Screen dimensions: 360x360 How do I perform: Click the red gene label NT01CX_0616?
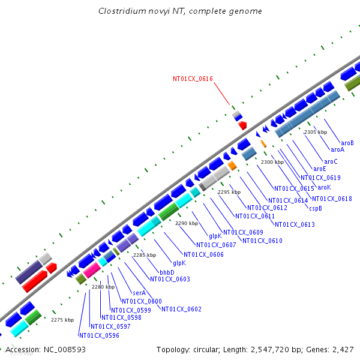(x=193, y=79)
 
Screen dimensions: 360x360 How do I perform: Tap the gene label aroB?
(x=347, y=143)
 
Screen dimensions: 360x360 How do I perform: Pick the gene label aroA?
(x=337, y=149)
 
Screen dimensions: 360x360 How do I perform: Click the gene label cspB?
(x=316, y=208)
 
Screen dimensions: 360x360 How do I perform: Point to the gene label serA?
(x=139, y=293)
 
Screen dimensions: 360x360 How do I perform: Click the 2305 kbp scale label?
(x=315, y=132)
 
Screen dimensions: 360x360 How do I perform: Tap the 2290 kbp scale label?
(x=186, y=223)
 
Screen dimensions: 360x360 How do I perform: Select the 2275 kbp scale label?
(x=62, y=320)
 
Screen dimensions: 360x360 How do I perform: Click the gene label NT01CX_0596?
(x=99, y=335)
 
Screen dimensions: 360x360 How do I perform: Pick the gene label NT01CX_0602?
(x=181, y=309)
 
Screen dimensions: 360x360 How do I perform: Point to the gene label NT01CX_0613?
(x=295, y=224)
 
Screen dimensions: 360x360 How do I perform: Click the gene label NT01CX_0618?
(x=332, y=199)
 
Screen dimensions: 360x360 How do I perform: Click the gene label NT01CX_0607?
(x=216, y=245)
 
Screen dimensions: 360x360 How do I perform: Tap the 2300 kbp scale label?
(x=272, y=162)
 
